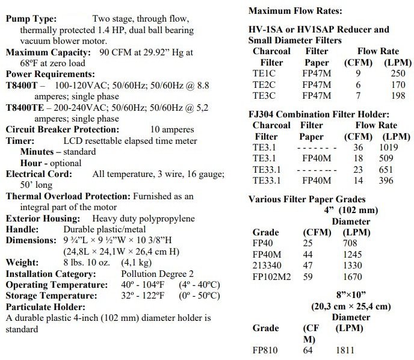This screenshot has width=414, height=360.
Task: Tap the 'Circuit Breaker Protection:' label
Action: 63,129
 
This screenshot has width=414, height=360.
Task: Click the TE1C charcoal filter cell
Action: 265,73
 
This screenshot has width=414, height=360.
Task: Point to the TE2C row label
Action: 265,84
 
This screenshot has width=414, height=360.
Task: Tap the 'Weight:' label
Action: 22,263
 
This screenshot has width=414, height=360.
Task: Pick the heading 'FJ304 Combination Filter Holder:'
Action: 319,114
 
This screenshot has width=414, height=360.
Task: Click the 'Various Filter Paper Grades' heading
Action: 307,199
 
